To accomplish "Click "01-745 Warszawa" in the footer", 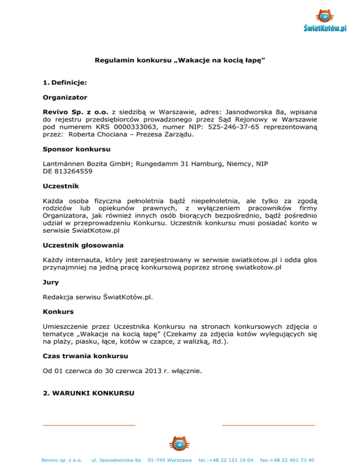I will coord(169,460).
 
